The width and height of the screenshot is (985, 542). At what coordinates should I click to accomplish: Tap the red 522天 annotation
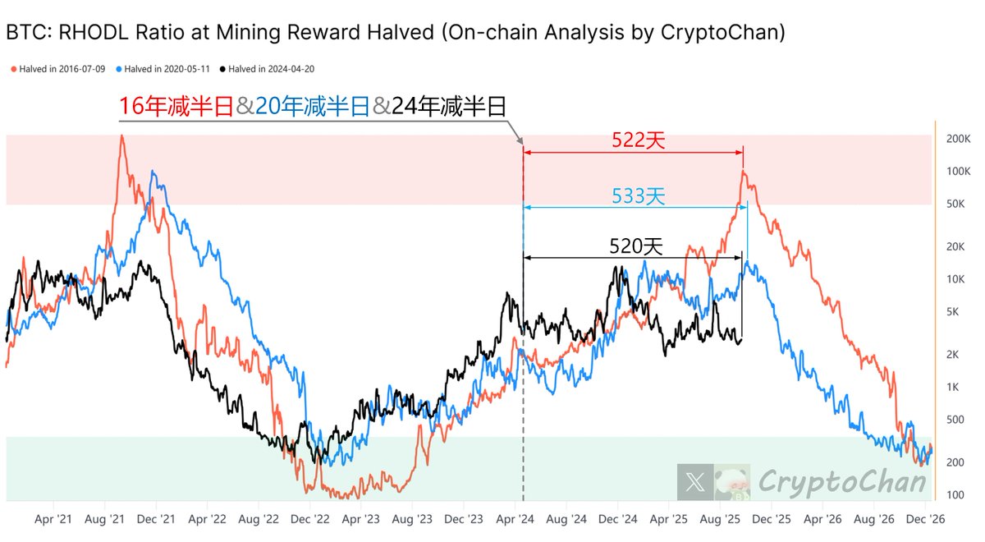pyautogui.click(x=638, y=140)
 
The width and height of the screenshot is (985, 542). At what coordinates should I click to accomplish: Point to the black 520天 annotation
pyautogui.click(x=635, y=246)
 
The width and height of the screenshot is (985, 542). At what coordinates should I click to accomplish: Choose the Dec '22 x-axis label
pyautogui.click(x=310, y=519)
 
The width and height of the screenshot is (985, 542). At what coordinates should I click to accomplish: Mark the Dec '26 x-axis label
pyautogui.click(x=925, y=519)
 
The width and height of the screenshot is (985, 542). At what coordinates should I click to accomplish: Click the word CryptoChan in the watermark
pyautogui.click(x=842, y=481)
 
